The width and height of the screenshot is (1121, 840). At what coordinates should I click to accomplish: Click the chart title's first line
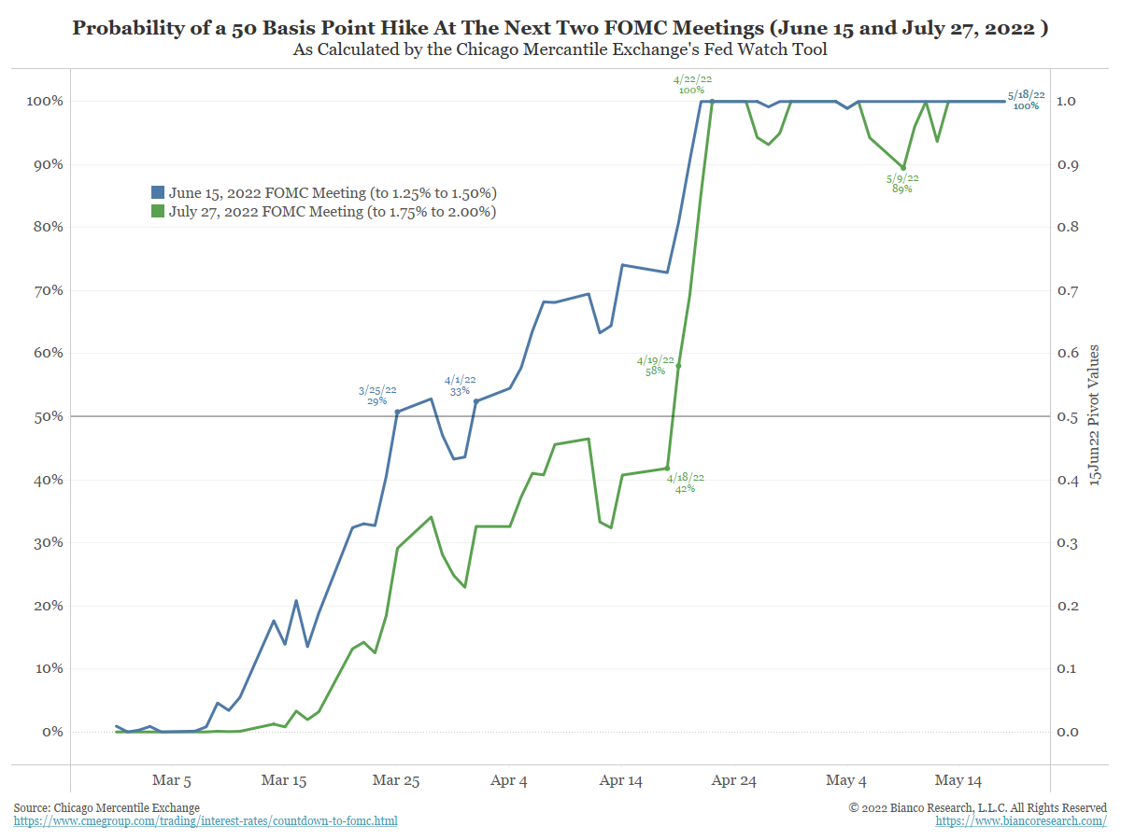point(560,28)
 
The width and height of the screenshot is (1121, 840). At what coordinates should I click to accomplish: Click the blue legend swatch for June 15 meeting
point(158,192)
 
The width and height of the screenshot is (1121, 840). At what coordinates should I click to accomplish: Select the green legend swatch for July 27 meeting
point(158,212)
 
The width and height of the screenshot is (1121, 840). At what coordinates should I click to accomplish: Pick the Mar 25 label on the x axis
point(397,780)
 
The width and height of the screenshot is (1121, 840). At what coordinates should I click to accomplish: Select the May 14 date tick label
point(959,780)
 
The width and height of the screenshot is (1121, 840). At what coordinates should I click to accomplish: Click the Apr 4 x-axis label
point(509,780)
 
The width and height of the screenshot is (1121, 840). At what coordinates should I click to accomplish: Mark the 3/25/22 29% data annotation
point(377,395)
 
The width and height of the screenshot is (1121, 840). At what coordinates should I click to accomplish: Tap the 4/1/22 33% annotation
point(460,385)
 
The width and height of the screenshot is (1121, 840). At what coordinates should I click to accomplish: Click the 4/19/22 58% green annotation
point(655,365)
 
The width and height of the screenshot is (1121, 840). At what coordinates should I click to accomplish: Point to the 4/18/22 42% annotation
point(686,483)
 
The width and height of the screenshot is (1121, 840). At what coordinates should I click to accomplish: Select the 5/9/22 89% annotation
point(902,183)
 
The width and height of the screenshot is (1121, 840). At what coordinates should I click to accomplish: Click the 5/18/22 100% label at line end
point(1026,100)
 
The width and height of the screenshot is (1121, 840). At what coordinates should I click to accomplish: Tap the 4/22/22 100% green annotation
point(691,85)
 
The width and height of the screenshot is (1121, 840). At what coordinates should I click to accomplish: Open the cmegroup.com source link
point(206,821)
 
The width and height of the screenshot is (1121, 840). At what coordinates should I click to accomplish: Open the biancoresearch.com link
point(1021,821)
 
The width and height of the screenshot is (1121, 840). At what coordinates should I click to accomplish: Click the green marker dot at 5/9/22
point(903,168)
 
